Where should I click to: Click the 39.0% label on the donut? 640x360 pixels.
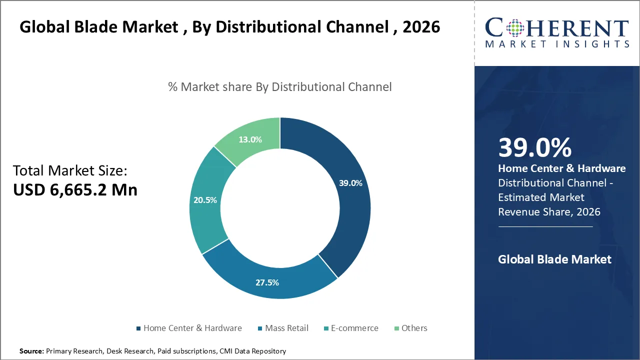[350, 183]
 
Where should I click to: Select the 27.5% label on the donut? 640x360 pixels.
[267, 282]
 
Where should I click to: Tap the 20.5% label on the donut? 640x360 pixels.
[205, 200]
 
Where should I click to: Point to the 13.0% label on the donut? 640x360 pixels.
[250, 139]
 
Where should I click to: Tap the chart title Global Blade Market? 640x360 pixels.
[230, 26]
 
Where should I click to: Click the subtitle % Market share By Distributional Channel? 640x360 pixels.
[280, 86]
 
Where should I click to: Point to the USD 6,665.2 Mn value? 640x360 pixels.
[75, 190]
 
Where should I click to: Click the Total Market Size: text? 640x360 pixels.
[70, 170]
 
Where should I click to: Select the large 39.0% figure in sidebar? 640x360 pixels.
[534, 148]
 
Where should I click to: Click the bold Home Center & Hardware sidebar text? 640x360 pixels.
[561, 168]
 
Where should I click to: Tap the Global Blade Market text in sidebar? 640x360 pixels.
[554, 259]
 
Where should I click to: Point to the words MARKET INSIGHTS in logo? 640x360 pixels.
[557, 44]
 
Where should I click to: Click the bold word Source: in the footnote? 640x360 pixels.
[31, 351]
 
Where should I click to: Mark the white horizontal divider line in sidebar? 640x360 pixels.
[545, 226]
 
